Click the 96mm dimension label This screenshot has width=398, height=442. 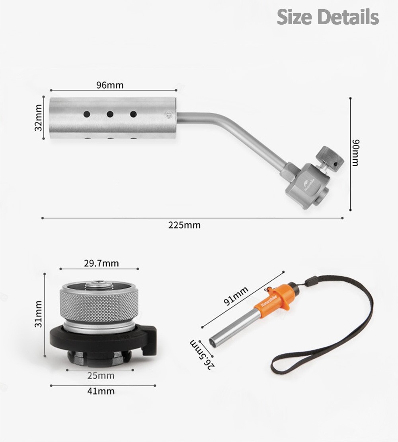coord(110,85)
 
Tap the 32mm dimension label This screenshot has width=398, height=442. coord(38,118)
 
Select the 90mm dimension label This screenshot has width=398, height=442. coord(356,153)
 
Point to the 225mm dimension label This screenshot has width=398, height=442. coord(184,225)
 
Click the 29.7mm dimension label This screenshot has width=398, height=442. coord(101,263)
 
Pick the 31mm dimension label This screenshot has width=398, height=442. coord(38,314)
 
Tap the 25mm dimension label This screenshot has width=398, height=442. coord(101,376)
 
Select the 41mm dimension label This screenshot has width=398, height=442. coord(101,391)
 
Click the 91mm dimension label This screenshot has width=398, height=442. coord(236,296)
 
